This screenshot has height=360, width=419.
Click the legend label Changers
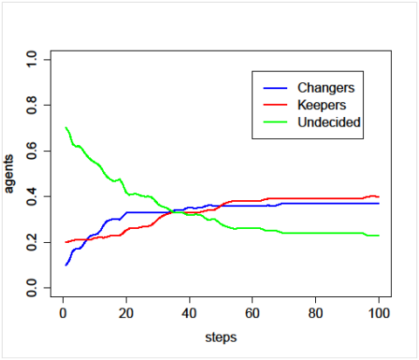click(326, 87)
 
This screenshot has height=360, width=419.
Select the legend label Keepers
click(321, 105)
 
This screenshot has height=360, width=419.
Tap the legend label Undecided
click(329, 122)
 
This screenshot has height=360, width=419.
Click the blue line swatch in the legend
click(275, 88)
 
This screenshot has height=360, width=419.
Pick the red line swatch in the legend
click(275, 105)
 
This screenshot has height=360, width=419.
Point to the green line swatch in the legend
click(275, 122)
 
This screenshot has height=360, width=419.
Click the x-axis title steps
click(221, 337)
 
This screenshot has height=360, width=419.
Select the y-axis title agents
click(9, 174)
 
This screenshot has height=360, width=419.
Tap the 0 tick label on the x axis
click(63, 313)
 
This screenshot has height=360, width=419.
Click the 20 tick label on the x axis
click(126, 313)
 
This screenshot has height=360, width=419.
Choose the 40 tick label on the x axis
click(189, 313)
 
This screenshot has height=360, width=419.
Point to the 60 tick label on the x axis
click(252, 313)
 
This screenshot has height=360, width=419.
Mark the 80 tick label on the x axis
click(315, 313)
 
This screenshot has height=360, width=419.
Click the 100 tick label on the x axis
click(378, 313)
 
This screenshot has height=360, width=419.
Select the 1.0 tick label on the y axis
click(31, 59)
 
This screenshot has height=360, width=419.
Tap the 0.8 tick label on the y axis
click(31, 105)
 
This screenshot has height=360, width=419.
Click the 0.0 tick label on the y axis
click(31, 287)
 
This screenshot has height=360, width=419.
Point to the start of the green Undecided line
click(66, 128)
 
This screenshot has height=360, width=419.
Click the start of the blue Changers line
click(66, 265)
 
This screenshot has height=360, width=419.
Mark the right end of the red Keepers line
click(379, 197)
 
